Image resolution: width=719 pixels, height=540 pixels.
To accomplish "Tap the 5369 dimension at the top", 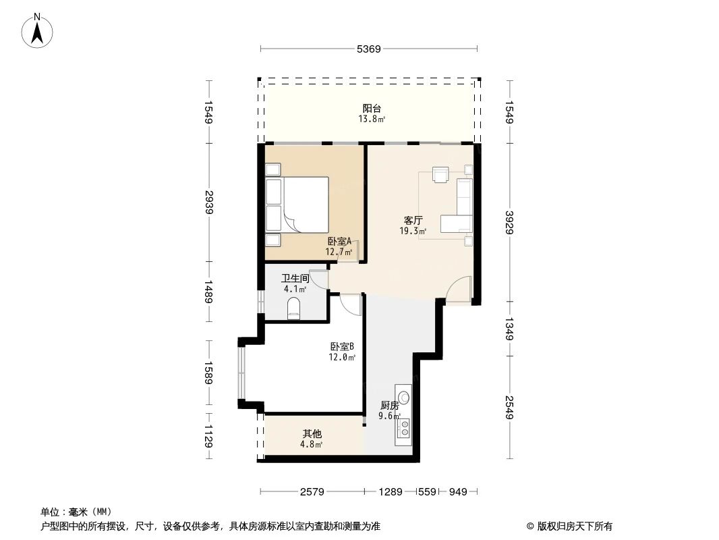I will click(x=369, y=49).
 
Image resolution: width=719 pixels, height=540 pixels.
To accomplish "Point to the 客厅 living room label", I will click(x=413, y=220).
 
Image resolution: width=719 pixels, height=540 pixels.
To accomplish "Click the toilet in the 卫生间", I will click(x=294, y=310).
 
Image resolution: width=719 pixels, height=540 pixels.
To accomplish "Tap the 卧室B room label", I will click(x=342, y=347).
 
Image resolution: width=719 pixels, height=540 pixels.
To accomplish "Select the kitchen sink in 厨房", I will click(x=403, y=398).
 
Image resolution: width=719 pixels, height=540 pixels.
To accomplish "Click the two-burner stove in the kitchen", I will click(x=404, y=427).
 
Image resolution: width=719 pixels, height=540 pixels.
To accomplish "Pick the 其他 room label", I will click(x=312, y=434).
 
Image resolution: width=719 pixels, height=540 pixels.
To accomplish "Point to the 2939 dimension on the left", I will click(x=209, y=202).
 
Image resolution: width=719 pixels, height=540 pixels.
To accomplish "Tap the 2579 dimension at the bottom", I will click(x=313, y=491).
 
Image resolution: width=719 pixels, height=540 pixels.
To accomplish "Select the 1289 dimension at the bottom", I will click(x=391, y=491).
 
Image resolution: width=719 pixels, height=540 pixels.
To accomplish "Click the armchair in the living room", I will click(x=440, y=175).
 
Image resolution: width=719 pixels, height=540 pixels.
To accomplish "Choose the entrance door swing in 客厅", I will click(x=459, y=290).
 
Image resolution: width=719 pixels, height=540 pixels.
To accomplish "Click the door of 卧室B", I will click(x=351, y=304).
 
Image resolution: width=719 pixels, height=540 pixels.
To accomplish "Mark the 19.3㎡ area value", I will click(x=413, y=231).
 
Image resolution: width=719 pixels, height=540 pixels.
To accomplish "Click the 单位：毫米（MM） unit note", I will click(x=76, y=512).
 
